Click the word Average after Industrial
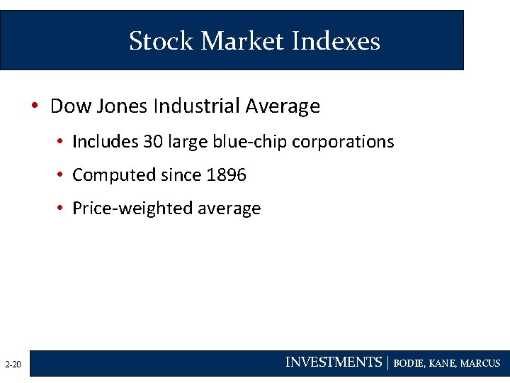pyautogui.click(x=283, y=106)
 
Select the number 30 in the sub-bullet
pyautogui.click(x=153, y=142)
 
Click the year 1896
pyautogui.click(x=226, y=174)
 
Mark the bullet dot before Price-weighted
pyautogui.click(x=62, y=209)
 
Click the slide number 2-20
pyautogui.click(x=13, y=365)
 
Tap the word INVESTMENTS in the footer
pyautogui.click(x=333, y=362)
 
